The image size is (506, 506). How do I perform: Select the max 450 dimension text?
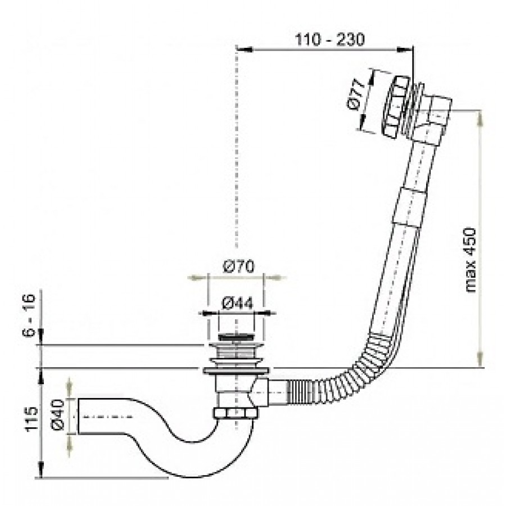point(471,260)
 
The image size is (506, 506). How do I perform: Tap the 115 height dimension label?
point(31,418)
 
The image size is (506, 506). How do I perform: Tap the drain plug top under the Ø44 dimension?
point(236,337)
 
